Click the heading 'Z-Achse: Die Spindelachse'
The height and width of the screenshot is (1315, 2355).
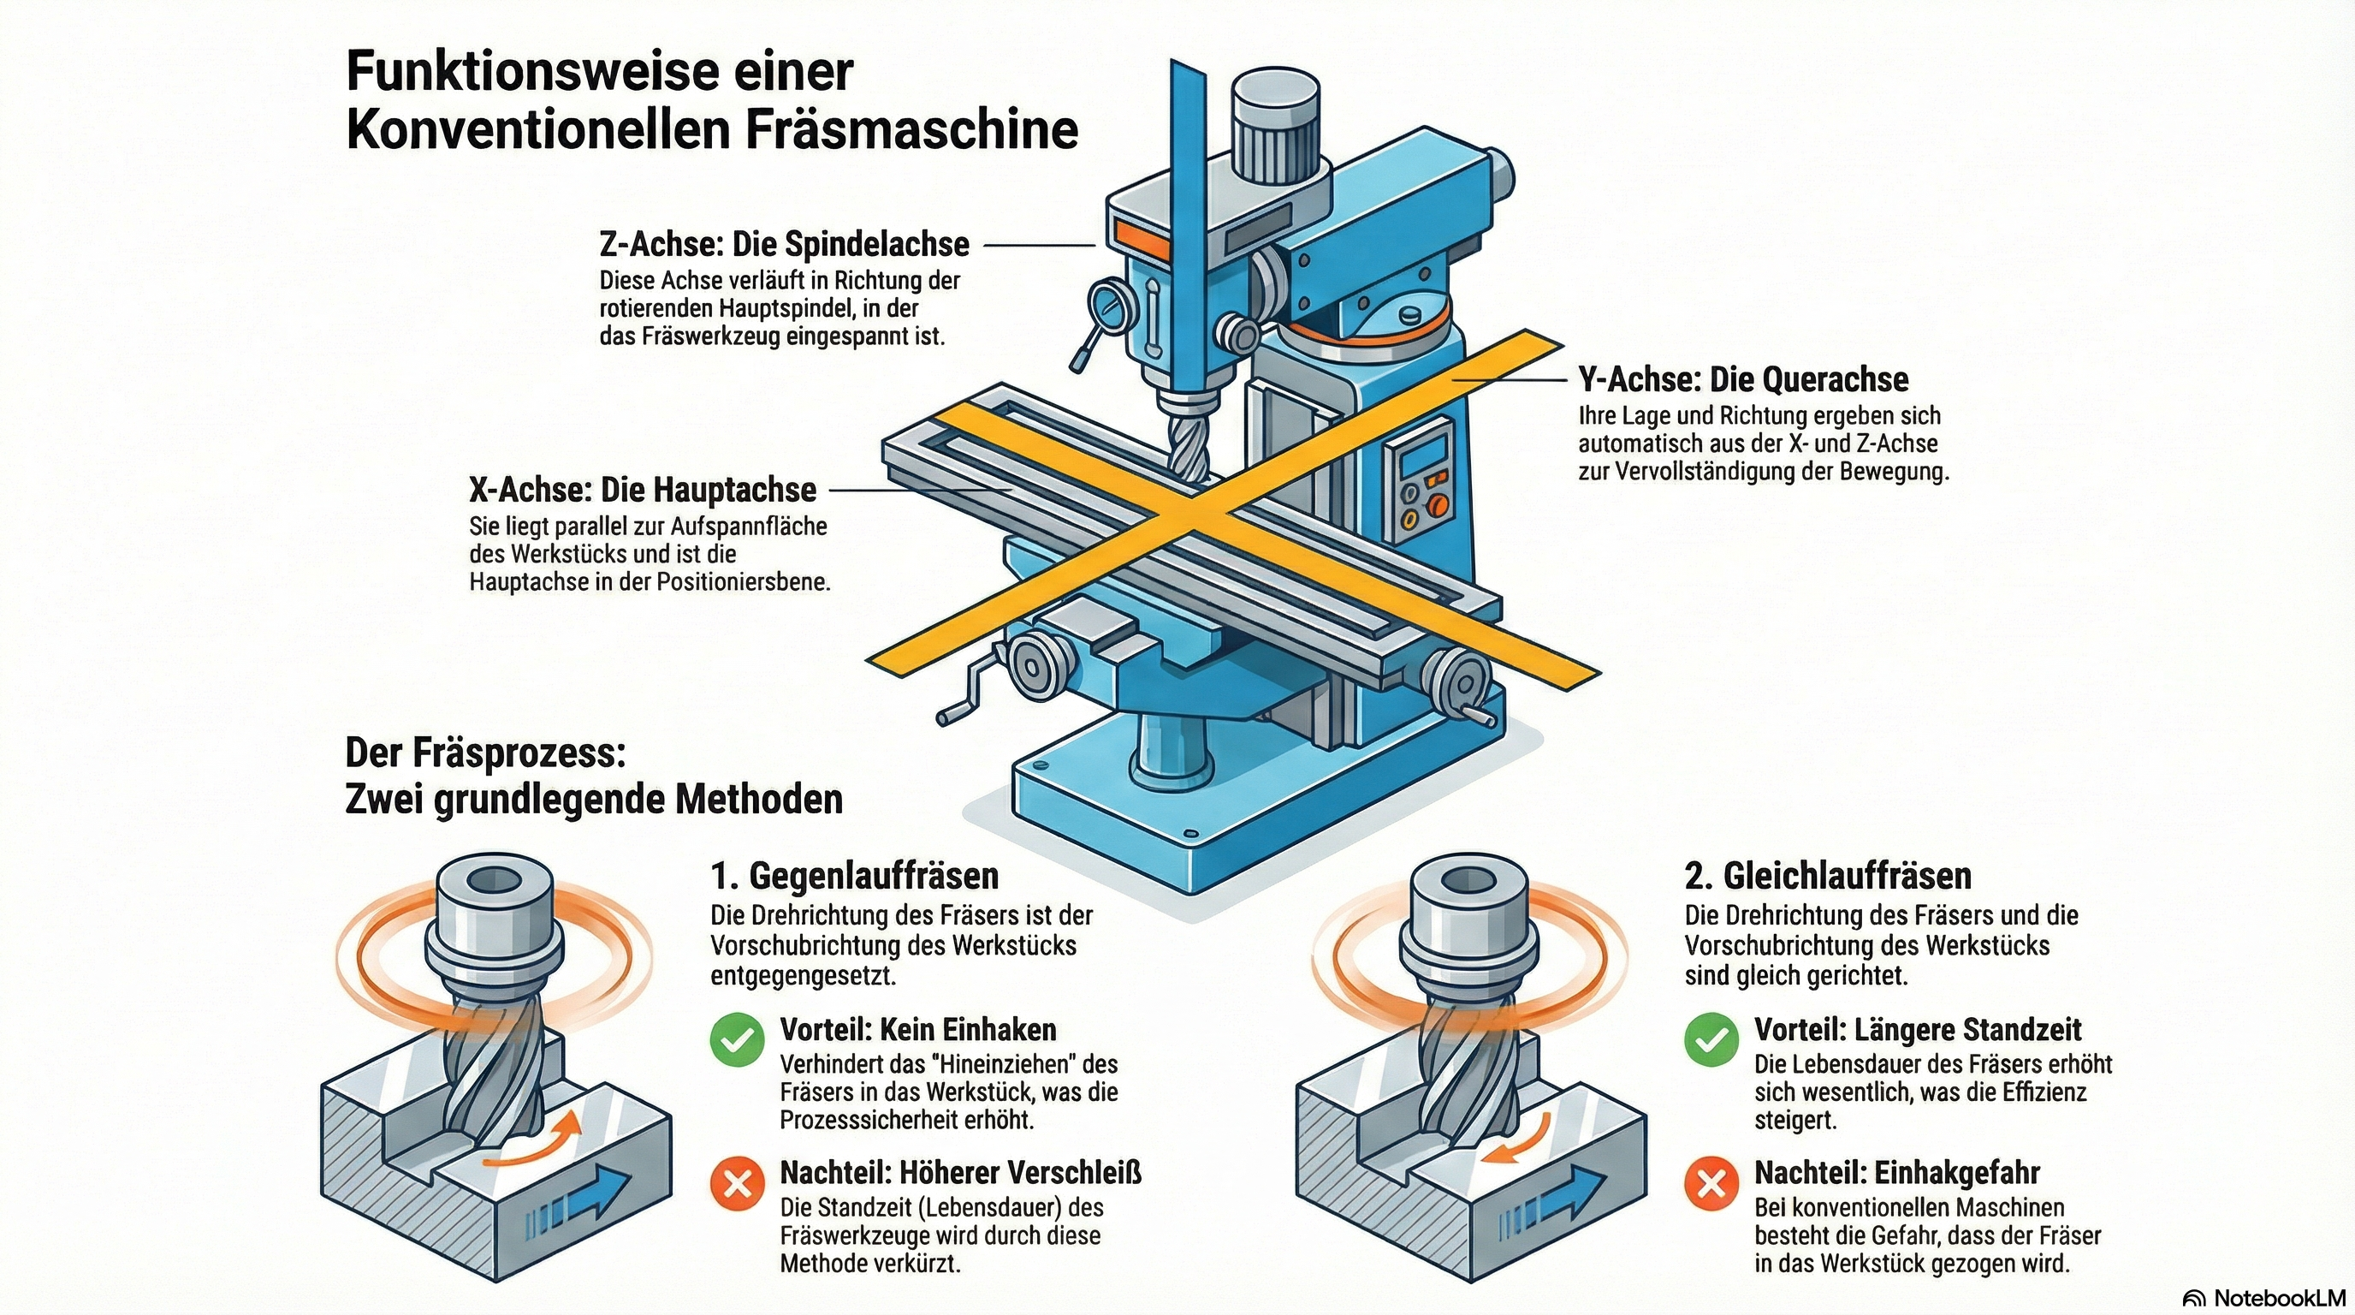tap(784, 245)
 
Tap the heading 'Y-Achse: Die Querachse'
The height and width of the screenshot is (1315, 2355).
tap(1742, 379)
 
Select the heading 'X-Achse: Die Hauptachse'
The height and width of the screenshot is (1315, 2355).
tap(642, 491)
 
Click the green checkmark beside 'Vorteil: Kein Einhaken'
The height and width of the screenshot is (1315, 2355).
tap(737, 1039)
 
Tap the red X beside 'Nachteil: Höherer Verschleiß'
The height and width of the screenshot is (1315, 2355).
tap(737, 1183)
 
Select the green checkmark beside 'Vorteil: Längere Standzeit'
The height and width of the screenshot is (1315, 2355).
tap(1711, 1039)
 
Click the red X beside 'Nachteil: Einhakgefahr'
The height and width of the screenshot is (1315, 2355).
tap(1711, 1183)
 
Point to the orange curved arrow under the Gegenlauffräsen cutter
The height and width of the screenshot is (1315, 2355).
tap(535, 1143)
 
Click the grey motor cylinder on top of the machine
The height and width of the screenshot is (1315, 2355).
tap(1274, 128)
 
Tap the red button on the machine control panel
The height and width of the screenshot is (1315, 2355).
tap(1438, 505)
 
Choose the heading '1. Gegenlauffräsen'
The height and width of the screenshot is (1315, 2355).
tap(855, 876)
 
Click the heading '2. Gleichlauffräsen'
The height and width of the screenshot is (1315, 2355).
tap(1829, 876)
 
